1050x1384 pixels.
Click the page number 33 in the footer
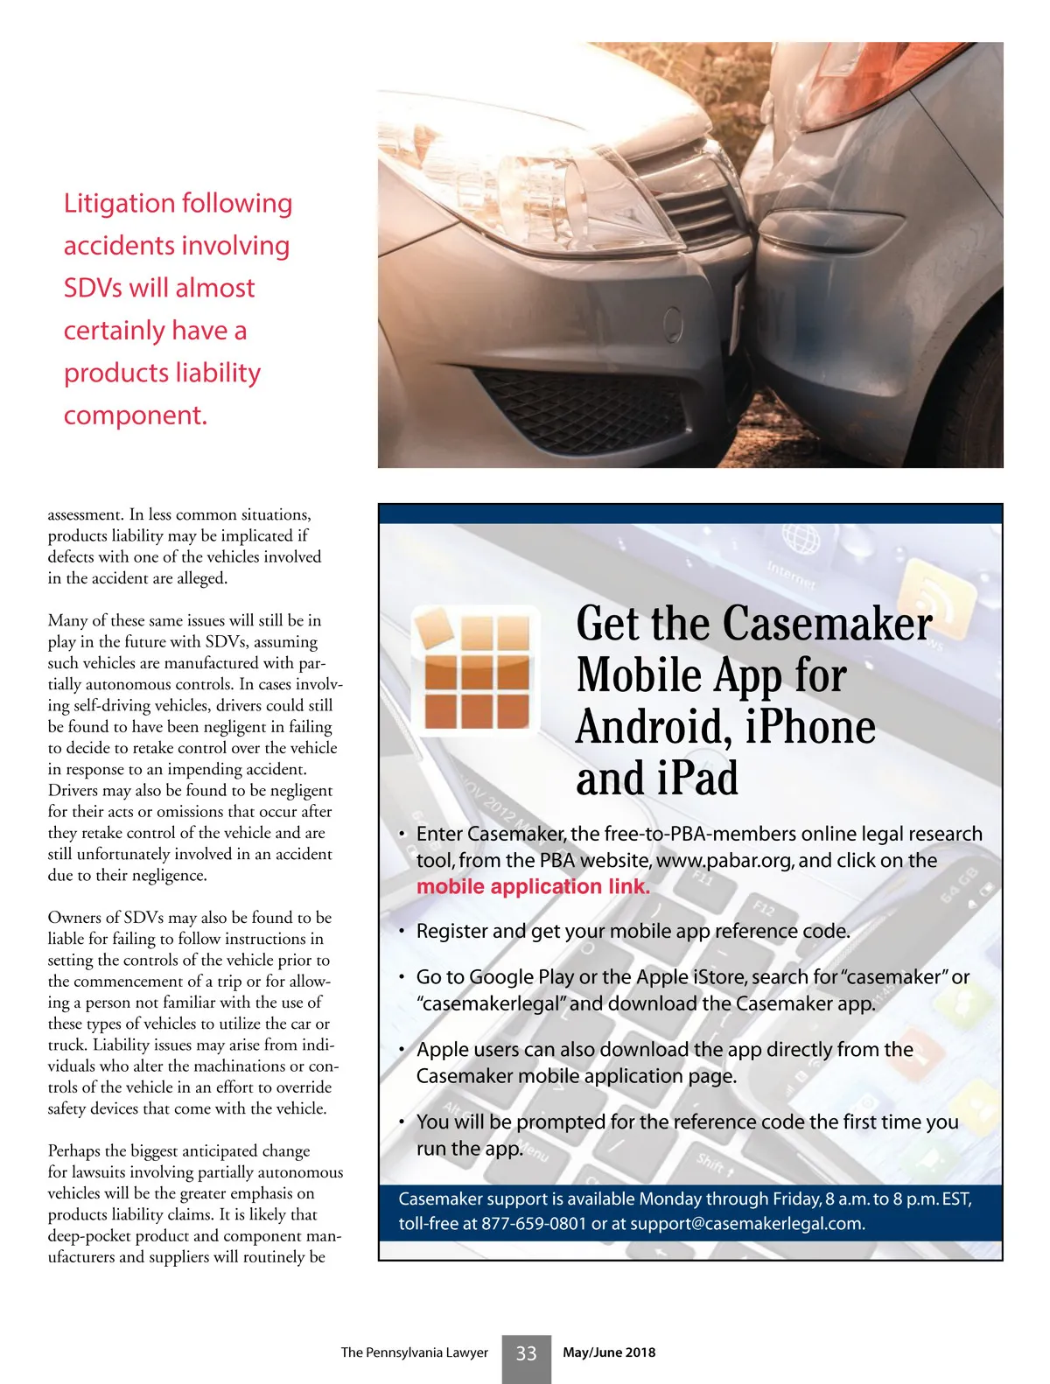click(526, 1353)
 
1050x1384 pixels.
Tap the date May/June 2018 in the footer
click(609, 1353)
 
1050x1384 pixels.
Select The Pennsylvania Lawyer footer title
click(414, 1353)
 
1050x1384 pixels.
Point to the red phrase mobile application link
click(533, 886)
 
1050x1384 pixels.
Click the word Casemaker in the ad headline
click(827, 625)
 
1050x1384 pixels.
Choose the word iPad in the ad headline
click(696, 779)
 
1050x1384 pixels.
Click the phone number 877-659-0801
click(533, 1224)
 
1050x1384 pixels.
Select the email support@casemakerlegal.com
click(747, 1224)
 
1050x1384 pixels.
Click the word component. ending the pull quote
click(136, 416)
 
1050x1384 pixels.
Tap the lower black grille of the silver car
click(577, 402)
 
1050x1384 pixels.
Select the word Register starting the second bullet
click(451, 931)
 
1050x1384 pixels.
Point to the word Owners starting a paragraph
click(74, 918)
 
